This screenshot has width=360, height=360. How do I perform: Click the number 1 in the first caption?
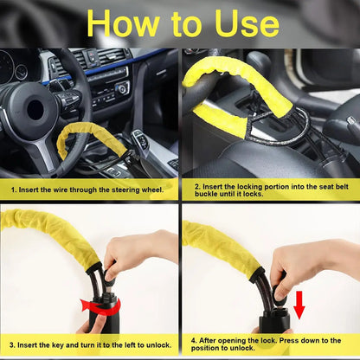pyautogui.click(x=12, y=187)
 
